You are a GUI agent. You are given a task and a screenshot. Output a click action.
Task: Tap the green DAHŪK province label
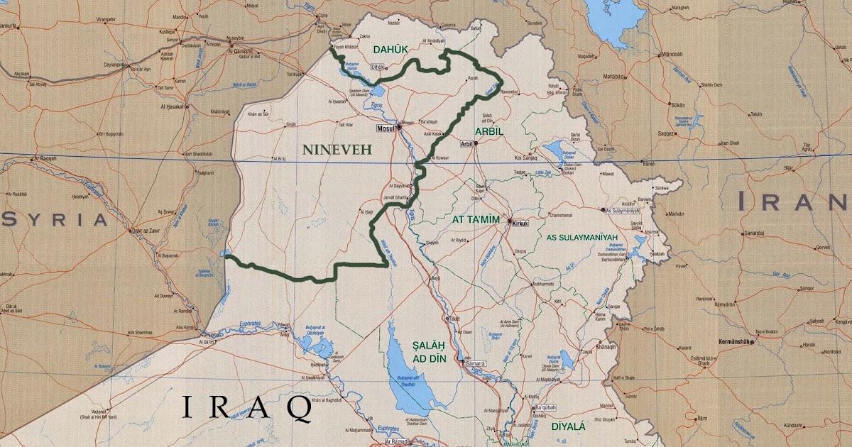[390, 48]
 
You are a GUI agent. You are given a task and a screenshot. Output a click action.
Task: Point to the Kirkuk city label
[522, 223]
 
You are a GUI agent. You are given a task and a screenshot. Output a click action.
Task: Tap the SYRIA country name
[55, 220]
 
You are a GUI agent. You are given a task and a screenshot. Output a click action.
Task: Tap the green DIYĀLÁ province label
[568, 426]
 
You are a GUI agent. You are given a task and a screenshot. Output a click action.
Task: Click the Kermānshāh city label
[734, 341]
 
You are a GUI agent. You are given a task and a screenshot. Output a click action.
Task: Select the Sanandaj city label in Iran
[755, 232]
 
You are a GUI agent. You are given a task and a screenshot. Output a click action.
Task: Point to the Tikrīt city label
[455, 319]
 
